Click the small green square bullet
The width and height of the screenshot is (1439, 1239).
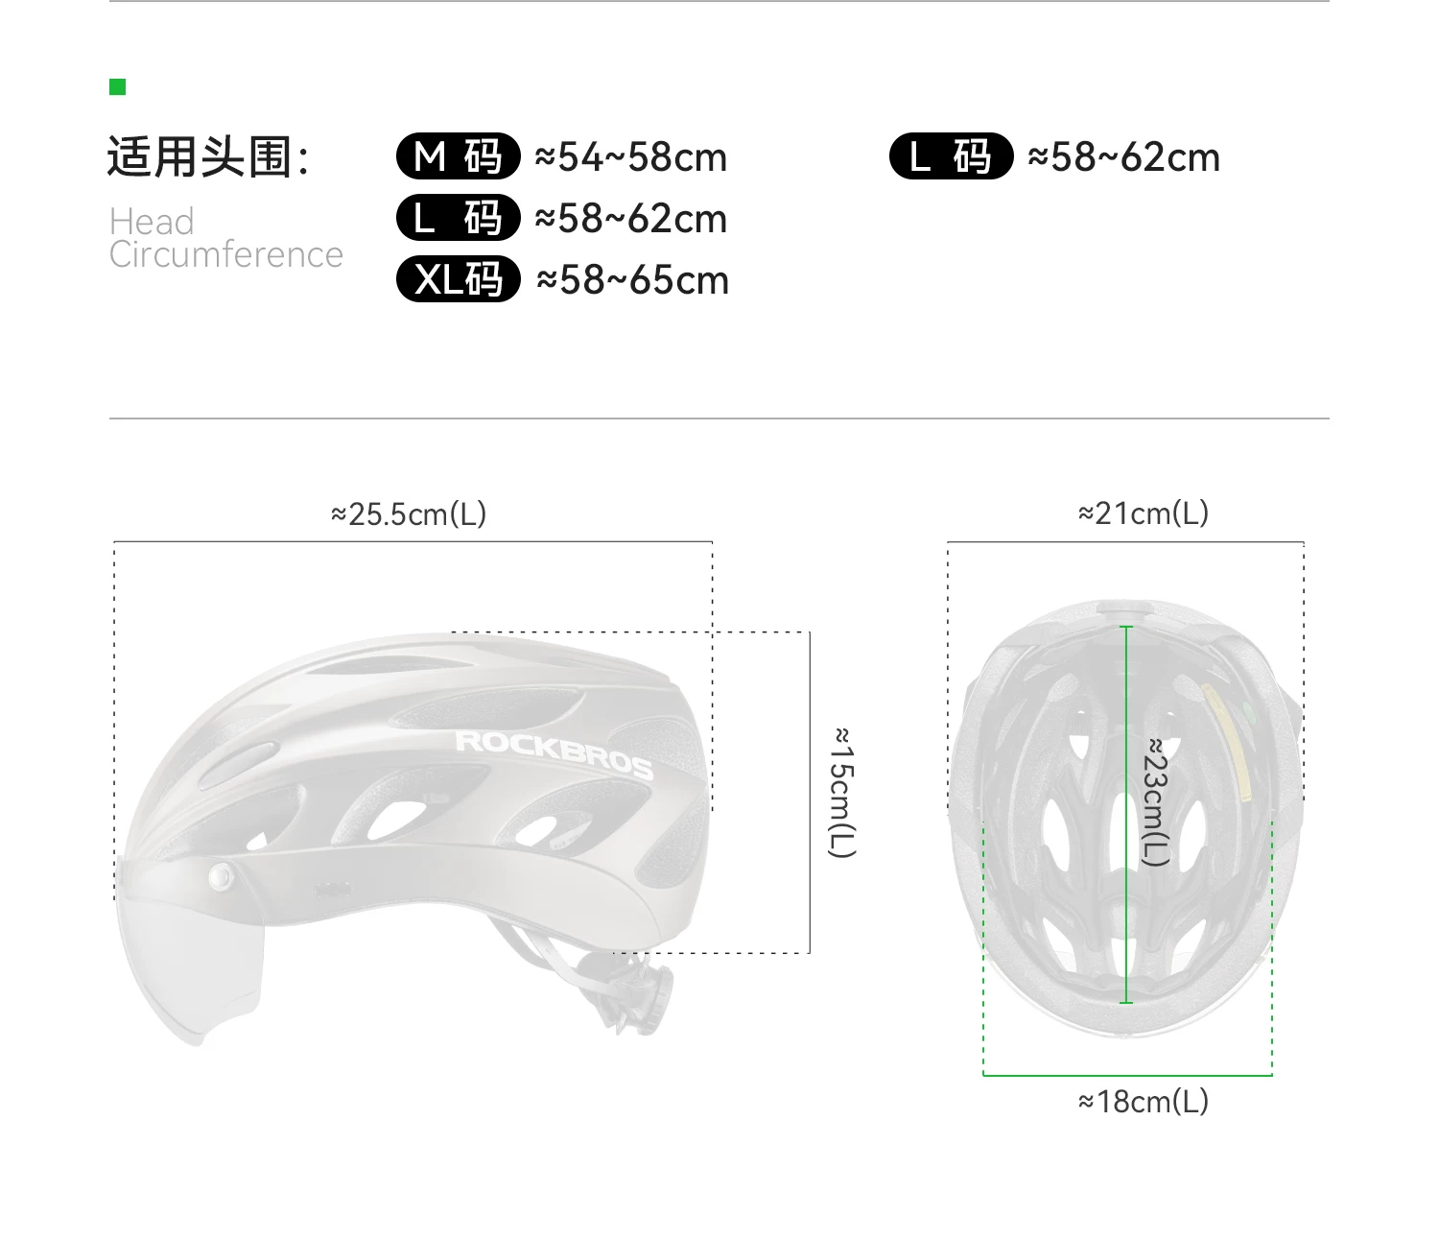[118, 87]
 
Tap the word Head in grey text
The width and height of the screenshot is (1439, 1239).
[151, 222]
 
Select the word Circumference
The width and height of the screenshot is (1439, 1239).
[226, 254]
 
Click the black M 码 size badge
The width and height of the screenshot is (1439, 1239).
[459, 156]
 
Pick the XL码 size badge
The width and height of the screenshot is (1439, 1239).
[459, 279]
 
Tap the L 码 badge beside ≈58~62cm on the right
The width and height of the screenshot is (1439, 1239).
[951, 156]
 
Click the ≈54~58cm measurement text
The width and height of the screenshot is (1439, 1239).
[630, 157]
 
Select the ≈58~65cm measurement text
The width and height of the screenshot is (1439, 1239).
[632, 280]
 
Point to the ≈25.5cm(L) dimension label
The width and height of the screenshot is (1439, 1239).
[409, 514]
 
